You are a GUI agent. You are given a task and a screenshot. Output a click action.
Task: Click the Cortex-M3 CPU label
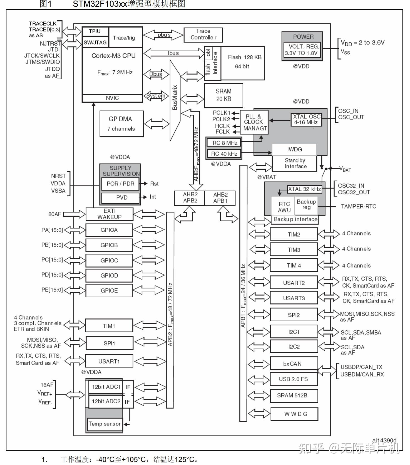tap(113, 56)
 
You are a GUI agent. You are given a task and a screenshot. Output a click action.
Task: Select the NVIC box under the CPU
tap(112, 98)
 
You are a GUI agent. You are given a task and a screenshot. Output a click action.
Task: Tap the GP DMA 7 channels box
tap(121, 124)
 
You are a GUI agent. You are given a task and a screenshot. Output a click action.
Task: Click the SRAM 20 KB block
tap(223, 95)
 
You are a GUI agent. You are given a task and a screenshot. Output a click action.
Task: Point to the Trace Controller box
tap(203, 34)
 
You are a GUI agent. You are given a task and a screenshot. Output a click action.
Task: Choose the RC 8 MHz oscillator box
tap(224, 143)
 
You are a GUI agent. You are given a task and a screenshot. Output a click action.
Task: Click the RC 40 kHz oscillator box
tap(224, 154)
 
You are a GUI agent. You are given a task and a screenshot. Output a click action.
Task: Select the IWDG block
tap(294, 150)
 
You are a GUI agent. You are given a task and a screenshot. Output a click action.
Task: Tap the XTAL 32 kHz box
tap(304, 189)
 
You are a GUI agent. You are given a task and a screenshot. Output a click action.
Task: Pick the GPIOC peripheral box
tap(109, 261)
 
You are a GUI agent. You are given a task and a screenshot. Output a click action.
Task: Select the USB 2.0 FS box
tap(294, 379)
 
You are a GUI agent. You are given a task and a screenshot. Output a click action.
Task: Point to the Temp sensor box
tap(105, 424)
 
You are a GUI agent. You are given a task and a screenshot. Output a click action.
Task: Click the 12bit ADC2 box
tap(106, 402)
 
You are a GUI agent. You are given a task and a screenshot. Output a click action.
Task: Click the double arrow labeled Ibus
tap(174, 53)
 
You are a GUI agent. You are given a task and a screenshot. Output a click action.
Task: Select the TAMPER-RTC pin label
tap(359, 207)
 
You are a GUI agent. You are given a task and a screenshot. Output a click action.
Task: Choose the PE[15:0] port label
tap(52, 290)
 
